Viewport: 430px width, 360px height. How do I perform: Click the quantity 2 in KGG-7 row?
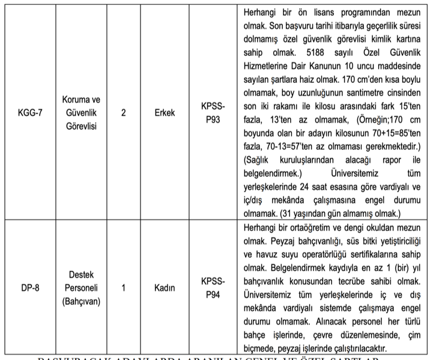123,112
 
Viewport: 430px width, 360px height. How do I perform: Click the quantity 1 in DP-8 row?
123,288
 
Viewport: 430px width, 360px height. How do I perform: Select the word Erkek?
164,112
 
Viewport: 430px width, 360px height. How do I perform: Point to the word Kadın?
164,288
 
